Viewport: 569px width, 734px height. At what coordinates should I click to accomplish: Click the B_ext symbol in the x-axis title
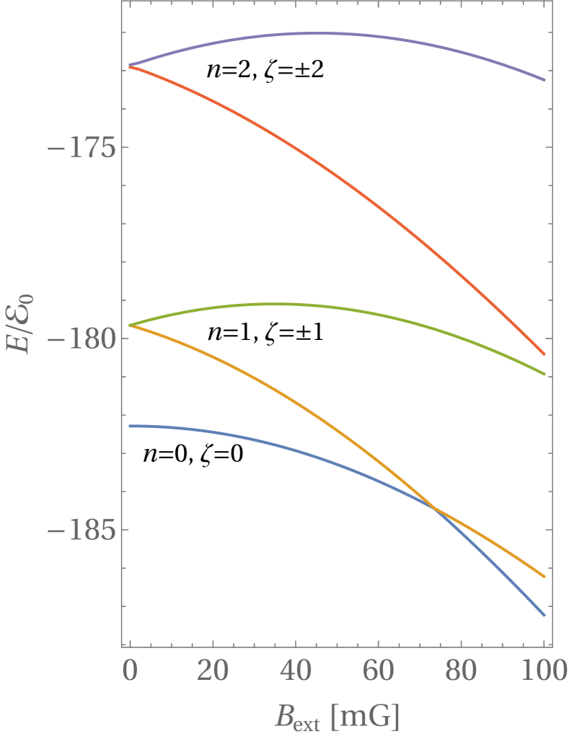click(x=296, y=717)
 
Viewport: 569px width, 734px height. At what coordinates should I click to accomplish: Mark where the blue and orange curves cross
click(x=436, y=510)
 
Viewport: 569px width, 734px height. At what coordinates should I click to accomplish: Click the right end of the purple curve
click(x=544, y=80)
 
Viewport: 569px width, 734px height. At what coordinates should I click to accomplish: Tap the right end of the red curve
click(x=544, y=354)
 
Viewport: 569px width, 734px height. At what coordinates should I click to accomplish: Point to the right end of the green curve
click(x=544, y=374)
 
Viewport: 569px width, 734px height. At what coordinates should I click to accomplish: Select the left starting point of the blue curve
click(x=130, y=426)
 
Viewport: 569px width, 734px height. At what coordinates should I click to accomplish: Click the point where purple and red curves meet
click(x=130, y=66)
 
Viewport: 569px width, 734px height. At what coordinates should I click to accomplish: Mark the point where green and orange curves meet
click(x=130, y=326)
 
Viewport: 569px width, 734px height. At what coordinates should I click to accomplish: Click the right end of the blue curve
click(x=544, y=616)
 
